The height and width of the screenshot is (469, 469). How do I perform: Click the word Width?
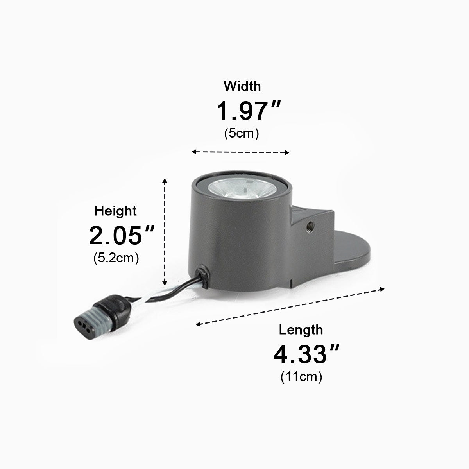(242, 86)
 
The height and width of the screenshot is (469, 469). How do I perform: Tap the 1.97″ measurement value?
(249, 111)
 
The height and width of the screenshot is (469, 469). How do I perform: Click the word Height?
(115, 211)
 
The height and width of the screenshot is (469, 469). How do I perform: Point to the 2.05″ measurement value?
(122, 235)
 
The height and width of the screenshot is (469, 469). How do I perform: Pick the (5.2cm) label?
(116, 258)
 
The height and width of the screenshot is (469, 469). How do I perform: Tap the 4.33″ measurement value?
(306, 354)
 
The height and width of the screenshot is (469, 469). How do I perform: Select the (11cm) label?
(301, 377)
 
